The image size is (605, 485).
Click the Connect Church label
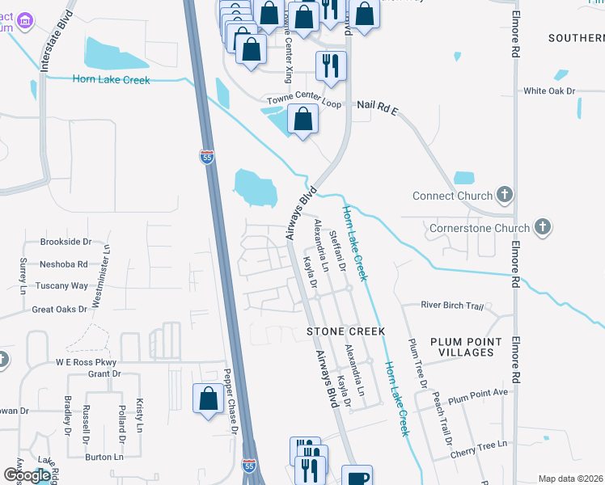pyautogui.click(x=452, y=196)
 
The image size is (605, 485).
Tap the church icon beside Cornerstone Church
pyautogui.click(x=543, y=229)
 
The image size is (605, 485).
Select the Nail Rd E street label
pyautogui.click(x=378, y=106)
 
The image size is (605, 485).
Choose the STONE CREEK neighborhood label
pyautogui.click(x=345, y=331)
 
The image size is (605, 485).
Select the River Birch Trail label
pyautogui.click(x=452, y=306)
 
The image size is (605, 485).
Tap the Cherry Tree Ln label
pyautogui.click(x=480, y=444)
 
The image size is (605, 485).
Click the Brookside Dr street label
pyautogui.click(x=66, y=242)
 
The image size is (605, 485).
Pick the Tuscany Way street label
pyautogui.click(x=61, y=286)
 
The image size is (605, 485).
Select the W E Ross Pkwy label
pyautogui.click(x=87, y=362)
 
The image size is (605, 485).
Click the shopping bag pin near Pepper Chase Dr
pyautogui.click(x=209, y=399)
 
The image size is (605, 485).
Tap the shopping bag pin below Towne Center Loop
pyautogui.click(x=302, y=120)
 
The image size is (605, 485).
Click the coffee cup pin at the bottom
pyautogui.click(x=357, y=477)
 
